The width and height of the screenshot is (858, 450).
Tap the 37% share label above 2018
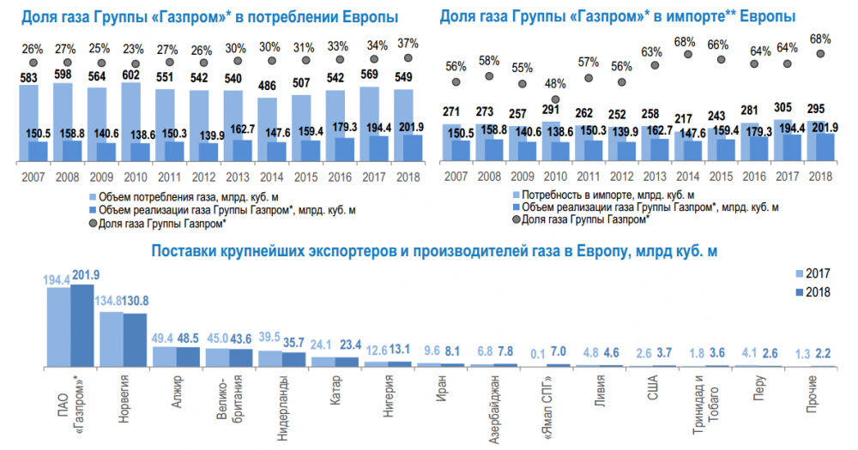(x=407, y=44)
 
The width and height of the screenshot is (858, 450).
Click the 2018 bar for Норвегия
(x=135, y=339)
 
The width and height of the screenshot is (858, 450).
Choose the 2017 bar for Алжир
(x=163, y=356)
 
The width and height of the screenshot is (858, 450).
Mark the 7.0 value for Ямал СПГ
(x=557, y=352)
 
